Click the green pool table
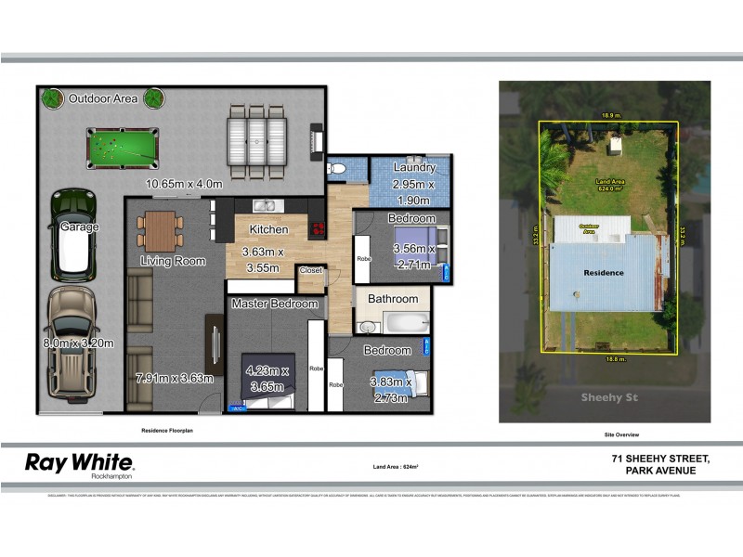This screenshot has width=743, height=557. (123, 146)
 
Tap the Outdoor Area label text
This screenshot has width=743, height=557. (103, 97)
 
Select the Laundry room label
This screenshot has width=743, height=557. (414, 168)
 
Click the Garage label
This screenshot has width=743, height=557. (80, 227)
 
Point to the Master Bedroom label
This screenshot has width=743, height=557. (275, 304)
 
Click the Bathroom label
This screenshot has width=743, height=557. (393, 299)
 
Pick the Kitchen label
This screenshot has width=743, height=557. (268, 229)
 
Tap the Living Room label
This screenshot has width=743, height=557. (173, 261)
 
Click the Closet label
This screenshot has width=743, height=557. (310, 271)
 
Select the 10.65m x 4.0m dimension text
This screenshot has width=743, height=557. (185, 184)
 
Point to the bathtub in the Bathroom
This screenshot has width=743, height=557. (402, 324)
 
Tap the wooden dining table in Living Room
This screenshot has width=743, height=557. (159, 227)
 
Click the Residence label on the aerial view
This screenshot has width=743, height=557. (603, 273)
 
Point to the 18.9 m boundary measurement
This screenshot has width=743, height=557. (609, 116)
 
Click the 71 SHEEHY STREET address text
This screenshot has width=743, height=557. (660, 458)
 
